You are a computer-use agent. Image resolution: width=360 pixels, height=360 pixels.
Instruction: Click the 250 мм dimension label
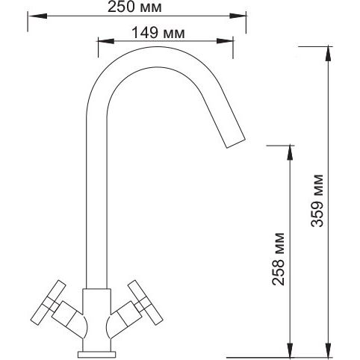tap(134, 7)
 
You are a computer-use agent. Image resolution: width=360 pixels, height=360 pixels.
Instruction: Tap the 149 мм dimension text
tap(158, 33)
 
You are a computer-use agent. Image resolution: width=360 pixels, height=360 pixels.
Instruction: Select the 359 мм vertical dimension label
tap(317, 201)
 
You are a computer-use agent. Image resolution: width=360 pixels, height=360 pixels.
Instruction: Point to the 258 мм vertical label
tap(278, 259)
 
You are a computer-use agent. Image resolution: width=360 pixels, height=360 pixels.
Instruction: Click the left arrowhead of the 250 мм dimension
tap(37, 16)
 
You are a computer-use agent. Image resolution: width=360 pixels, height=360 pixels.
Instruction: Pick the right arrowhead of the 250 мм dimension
tap(238, 16)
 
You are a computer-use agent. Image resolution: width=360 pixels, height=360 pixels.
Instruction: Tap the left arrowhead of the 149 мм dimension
tap(106, 41)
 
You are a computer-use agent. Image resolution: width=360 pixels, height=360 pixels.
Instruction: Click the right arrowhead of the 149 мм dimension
tap(225, 41)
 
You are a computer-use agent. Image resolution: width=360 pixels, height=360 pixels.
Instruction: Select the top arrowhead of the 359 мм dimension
tap(329, 54)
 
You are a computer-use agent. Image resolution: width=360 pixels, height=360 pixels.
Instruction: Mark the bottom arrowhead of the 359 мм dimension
tap(329, 350)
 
